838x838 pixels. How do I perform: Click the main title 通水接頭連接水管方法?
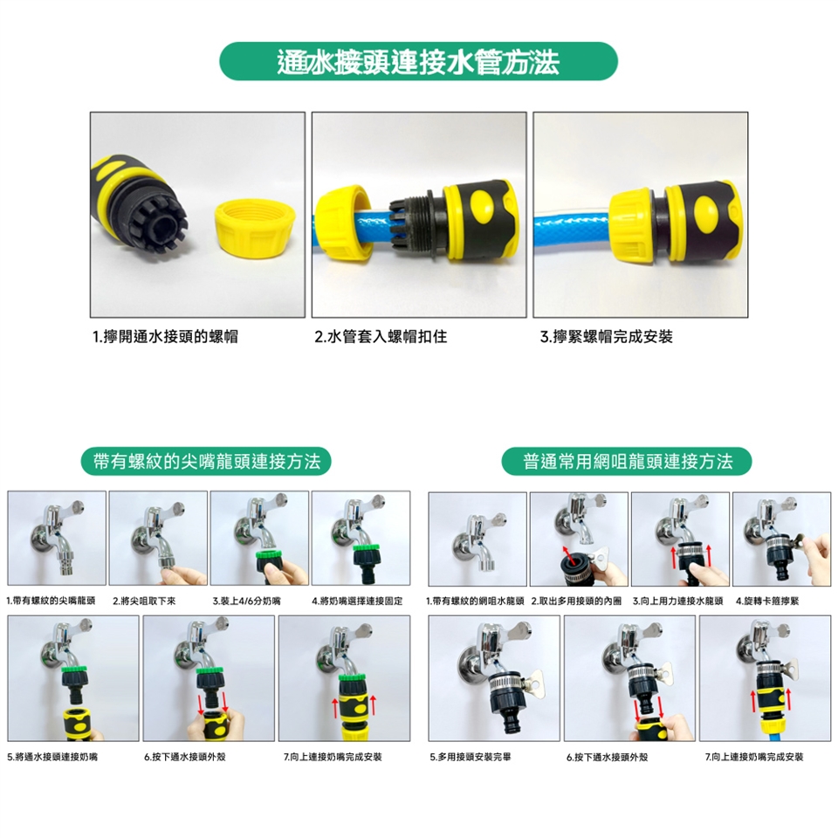[x=418, y=61]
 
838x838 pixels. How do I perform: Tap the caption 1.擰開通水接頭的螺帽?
[x=165, y=337]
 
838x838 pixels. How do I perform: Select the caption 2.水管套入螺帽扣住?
[x=381, y=337]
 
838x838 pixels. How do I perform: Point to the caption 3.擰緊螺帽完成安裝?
[x=606, y=337]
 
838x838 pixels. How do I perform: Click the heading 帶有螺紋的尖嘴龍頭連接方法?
[x=206, y=461]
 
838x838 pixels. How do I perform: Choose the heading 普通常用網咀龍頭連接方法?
[x=628, y=461]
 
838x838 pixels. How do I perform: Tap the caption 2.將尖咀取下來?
[x=144, y=601]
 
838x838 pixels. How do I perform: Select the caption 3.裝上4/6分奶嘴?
[x=246, y=601]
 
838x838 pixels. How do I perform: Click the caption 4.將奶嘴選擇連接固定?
[x=357, y=601]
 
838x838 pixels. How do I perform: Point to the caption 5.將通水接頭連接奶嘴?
[x=52, y=757]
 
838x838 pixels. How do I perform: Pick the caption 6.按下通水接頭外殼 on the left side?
[x=185, y=757]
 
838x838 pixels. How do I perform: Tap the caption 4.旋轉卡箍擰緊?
[x=767, y=601]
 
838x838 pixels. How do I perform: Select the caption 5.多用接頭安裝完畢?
[x=471, y=757]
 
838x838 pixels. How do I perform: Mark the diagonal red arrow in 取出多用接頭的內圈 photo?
[x=569, y=556]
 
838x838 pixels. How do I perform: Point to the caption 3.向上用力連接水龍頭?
[x=677, y=601]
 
